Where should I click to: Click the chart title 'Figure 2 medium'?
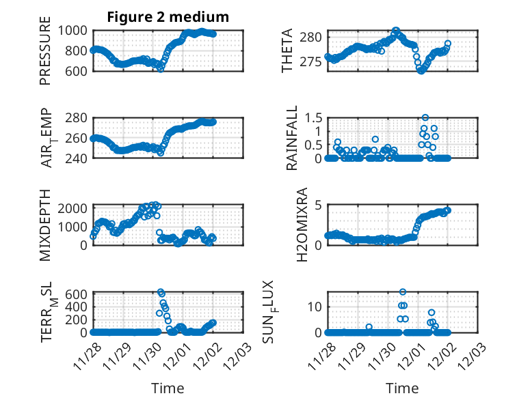(168, 17)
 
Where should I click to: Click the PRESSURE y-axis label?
(46, 55)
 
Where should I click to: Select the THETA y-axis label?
(288, 51)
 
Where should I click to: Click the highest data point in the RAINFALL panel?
(425, 117)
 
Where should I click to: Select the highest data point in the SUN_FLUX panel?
(403, 292)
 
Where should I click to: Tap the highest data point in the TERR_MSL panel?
(161, 292)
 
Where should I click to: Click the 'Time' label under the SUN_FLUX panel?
(402, 388)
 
